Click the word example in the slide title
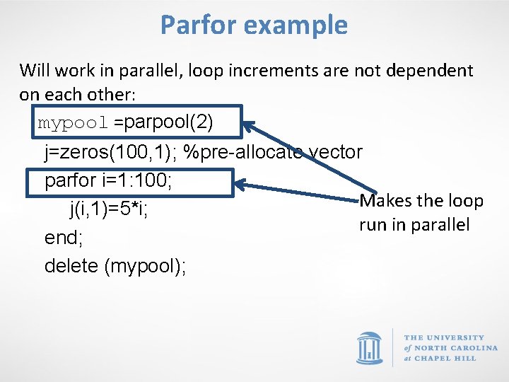tap(297, 25)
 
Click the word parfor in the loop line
tap(67, 180)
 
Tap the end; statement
tap(64, 238)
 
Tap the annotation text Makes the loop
tap(421, 201)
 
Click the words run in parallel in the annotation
tap(414, 225)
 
